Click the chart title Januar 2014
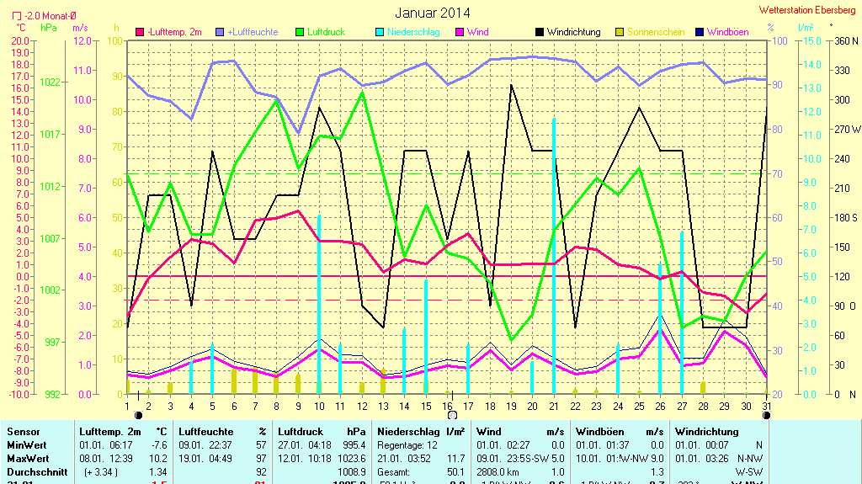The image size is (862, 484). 433,13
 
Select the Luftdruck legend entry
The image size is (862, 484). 325,32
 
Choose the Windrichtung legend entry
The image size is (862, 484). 573,32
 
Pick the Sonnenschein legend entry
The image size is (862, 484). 655,32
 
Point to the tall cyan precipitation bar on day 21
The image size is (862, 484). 553,253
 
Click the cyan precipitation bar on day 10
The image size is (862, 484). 319,303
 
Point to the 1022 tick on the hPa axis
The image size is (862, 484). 50,82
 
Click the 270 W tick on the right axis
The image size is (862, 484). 844,130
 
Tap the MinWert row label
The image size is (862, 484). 27,445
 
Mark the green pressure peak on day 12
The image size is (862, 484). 362,92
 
